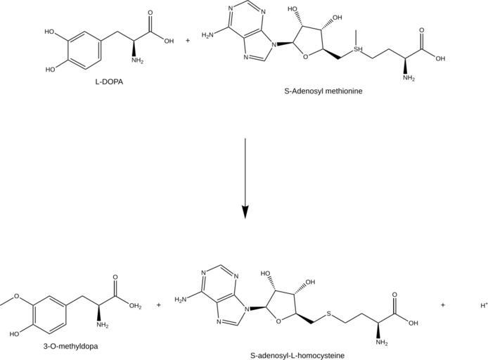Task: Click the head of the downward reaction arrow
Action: tap(245, 211)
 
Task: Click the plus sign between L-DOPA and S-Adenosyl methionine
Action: tap(188, 40)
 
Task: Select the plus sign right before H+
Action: tap(443, 305)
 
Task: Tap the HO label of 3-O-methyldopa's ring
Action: tap(10, 335)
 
